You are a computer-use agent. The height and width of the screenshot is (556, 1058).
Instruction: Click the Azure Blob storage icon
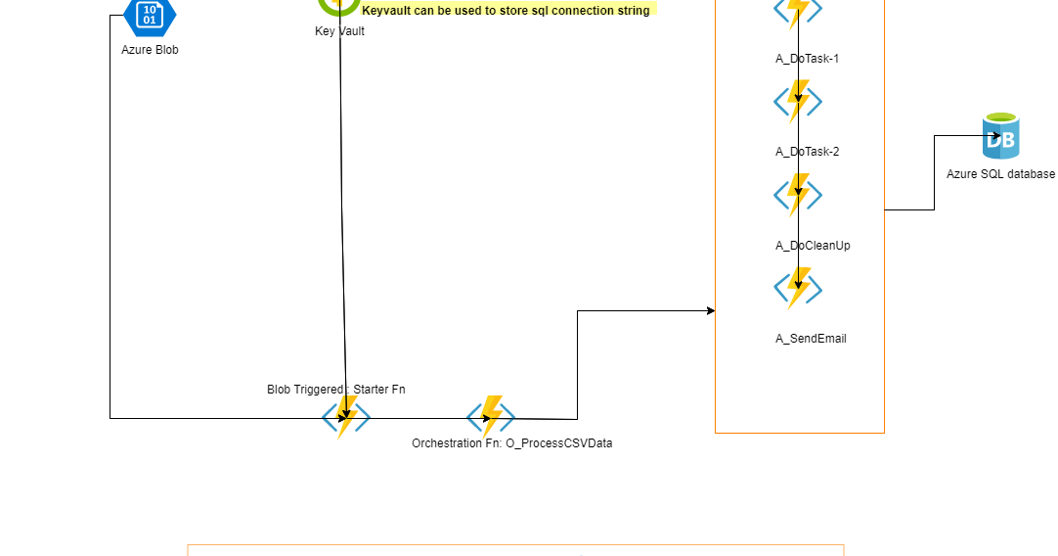[150, 14]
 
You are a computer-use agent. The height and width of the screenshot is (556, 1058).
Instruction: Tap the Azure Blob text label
[150, 49]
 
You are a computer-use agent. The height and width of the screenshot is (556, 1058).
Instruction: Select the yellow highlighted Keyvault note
[506, 10]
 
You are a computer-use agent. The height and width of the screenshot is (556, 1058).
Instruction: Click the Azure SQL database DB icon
[1000, 137]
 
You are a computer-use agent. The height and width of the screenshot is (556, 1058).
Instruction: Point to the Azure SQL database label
[1000, 173]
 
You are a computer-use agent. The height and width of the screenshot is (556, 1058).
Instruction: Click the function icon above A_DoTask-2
[798, 101]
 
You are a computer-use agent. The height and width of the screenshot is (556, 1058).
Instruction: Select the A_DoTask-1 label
[807, 59]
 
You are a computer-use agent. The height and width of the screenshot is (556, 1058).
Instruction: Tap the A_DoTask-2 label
[807, 152]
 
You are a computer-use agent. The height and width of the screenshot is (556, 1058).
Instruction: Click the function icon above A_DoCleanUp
[798, 194]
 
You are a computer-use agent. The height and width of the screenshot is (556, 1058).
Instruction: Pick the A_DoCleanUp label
[813, 246]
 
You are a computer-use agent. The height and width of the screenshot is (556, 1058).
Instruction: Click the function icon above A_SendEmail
[798, 288]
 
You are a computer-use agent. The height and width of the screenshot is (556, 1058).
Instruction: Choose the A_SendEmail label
[811, 339]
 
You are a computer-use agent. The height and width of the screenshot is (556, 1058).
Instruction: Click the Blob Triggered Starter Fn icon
[346, 418]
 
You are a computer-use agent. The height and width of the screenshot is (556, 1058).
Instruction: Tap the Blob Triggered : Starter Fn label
[335, 390]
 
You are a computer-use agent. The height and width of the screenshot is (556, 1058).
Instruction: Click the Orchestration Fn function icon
[491, 418]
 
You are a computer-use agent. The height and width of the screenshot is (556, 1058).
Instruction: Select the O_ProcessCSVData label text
[558, 443]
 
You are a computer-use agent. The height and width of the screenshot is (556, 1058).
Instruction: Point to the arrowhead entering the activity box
[711, 311]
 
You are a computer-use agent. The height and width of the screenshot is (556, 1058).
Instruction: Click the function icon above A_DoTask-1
[798, 10]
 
